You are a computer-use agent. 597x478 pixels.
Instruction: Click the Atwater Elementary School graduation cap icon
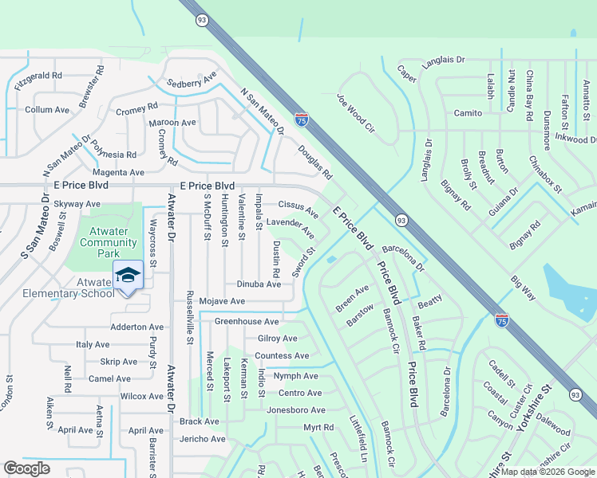pyautogui.click(x=128, y=276)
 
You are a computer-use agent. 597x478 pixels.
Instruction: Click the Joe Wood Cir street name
pyautogui.click(x=355, y=112)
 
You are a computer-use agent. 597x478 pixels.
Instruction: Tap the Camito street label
pyautogui.click(x=469, y=114)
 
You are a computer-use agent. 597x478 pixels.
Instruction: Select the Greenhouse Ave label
pyautogui.click(x=247, y=322)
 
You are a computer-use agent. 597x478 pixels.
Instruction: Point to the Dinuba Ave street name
pyautogui.click(x=259, y=284)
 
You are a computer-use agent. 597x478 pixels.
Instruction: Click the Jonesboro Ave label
pyautogui.click(x=296, y=410)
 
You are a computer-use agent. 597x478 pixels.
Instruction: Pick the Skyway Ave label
pyautogui.click(x=77, y=204)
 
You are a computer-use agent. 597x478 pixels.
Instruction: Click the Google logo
pyautogui.click(x=26, y=468)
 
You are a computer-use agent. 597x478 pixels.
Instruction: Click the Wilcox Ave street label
pyautogui.click(x=141, y=396)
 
